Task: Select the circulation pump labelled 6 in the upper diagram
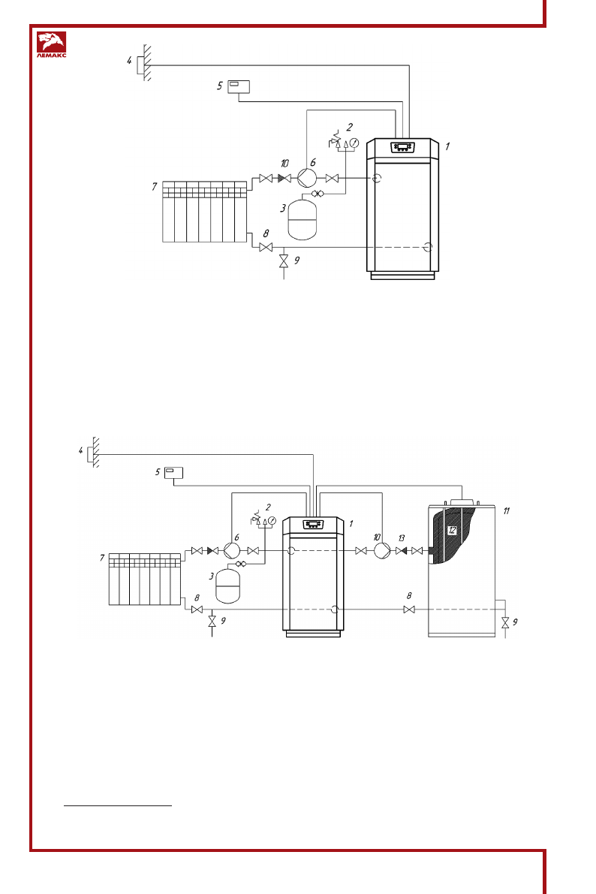[306, 178]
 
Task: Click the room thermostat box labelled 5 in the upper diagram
[239, 86]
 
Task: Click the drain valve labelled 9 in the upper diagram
[283, 261]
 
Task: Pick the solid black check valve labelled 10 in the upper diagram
[284, 178]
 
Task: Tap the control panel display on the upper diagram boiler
[402, 147]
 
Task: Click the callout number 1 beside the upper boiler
[447, 147]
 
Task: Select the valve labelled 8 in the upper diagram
[265, 247]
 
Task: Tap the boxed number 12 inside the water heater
[452, 529]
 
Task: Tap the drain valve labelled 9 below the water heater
[505, 622]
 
